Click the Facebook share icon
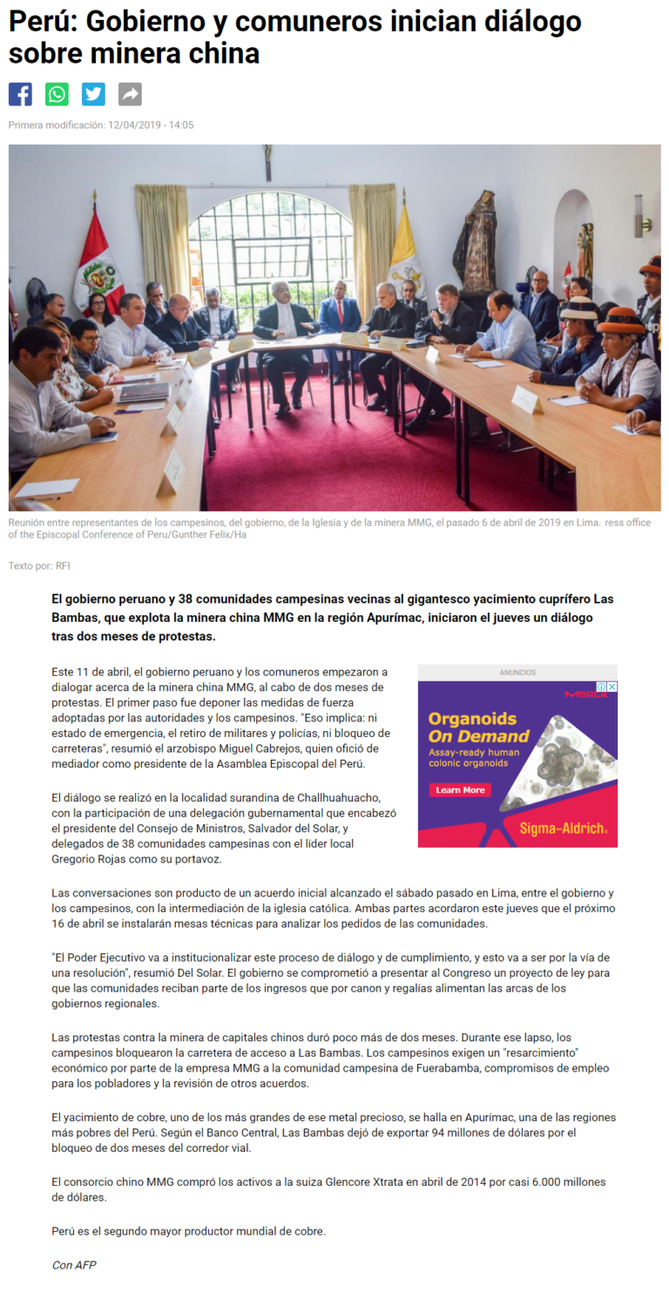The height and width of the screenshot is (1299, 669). (x=20, y=94)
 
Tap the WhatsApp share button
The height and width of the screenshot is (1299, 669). (x=57, y=94)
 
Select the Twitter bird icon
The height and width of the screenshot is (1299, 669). (x=93, y=94)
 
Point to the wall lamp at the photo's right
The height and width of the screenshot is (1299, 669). (x=640, y=215)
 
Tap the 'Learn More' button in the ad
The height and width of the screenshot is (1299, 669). (x=460, y=790)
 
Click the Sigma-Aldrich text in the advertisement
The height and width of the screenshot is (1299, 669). (x=563, y=829)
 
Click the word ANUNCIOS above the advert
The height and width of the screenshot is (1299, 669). (x=517, y=673)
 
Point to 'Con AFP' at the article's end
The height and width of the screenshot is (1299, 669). (x=74, y=1265)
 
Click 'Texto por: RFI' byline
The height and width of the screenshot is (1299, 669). (x=39, y=566)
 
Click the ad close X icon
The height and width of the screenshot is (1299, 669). (x=612, y=687)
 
